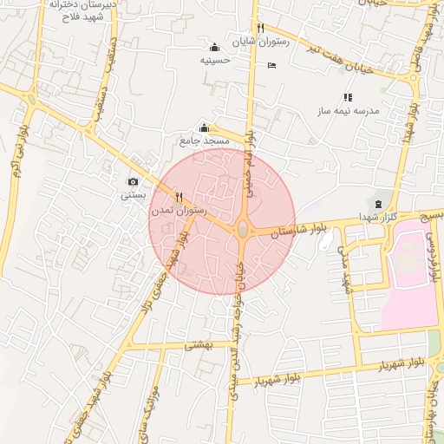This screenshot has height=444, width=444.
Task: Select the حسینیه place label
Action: point(215,60)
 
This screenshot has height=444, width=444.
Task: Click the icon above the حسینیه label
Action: point(215,47)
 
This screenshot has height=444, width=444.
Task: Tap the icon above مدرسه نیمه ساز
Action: point(348,98)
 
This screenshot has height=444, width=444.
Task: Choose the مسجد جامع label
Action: point(204,140)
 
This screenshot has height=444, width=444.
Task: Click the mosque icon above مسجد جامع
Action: point(204,128)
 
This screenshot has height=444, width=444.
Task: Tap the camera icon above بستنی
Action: point(133,182)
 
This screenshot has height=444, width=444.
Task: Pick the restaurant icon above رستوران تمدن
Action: point(179,196)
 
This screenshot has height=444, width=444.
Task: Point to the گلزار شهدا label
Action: point(378,217)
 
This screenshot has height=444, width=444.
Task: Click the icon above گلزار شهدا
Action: point(378,204)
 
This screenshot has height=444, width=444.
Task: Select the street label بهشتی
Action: point(199,344)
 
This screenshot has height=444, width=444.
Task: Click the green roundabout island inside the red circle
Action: point(243,230)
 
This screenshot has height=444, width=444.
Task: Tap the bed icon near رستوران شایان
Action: point(272,66)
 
